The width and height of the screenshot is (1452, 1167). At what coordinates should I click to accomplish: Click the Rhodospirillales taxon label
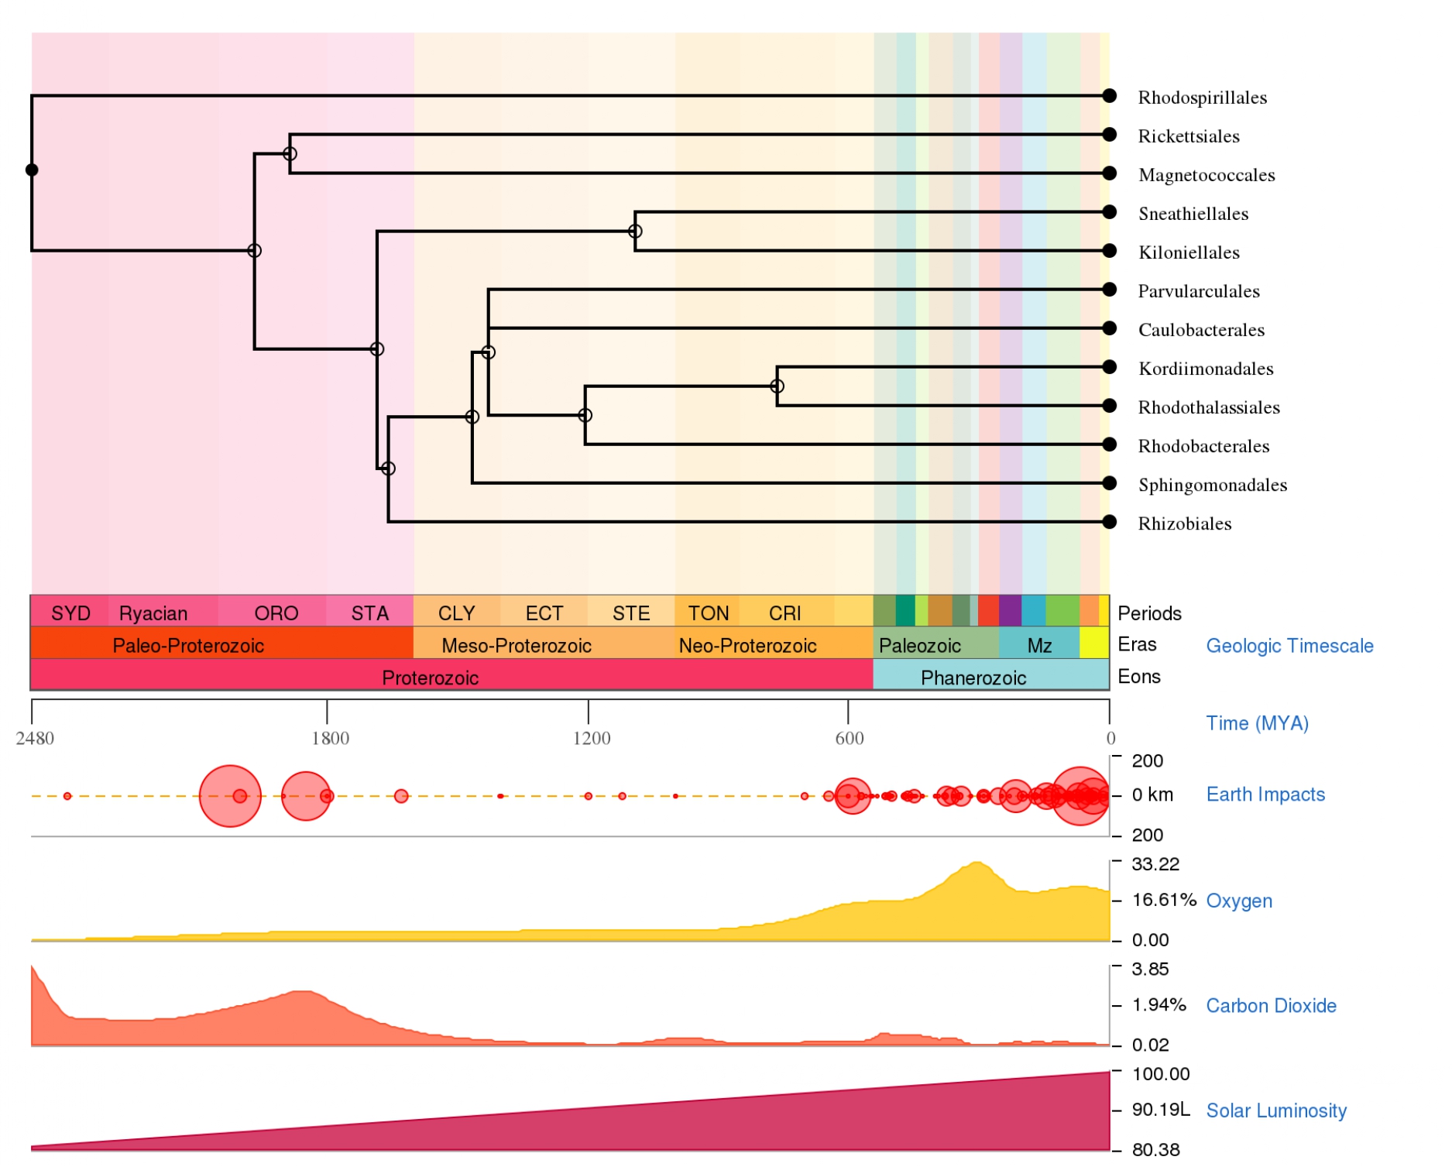tap(1202, 98)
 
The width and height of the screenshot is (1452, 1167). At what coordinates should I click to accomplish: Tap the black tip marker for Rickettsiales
tap(1109, 135)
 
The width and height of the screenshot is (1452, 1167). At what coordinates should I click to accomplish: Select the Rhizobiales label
tap(1184, 523)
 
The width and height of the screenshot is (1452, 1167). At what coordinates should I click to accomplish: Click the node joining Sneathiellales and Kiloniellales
tap(635, 232)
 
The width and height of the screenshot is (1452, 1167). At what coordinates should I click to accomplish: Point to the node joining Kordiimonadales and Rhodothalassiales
tap(777, 386)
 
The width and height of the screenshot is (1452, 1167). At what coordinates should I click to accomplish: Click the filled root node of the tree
tap(32, 170)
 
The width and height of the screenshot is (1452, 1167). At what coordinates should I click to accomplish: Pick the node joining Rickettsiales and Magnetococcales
tap(290, 154)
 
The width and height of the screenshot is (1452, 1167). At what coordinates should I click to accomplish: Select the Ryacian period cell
tap(153, 613)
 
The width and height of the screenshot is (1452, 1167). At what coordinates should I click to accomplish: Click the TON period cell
tap(708, 613)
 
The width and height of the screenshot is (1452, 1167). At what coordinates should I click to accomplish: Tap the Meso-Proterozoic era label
tap(516, 645)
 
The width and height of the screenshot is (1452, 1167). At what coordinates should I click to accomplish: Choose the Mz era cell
tap(1038, 645)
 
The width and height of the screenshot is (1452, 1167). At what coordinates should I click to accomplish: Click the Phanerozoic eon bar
tap(973, 678)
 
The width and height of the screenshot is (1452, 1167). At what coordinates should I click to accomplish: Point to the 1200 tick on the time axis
tap(589, 710)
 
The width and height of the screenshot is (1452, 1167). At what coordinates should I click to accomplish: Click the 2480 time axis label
tap(35, 738)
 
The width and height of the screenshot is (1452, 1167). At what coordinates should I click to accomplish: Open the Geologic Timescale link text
tap(1289, 646)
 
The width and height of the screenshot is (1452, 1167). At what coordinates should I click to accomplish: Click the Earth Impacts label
tap(1265, 795)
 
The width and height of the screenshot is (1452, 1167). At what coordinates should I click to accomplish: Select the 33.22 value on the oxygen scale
tap(1155, 864)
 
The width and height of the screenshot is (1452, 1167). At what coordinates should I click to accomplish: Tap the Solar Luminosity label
tap(1276, 1110)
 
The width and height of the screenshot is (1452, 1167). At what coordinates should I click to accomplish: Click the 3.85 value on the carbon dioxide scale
tap(1150, 970)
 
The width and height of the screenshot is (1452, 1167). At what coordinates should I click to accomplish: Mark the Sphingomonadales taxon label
tap(1212, 485)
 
